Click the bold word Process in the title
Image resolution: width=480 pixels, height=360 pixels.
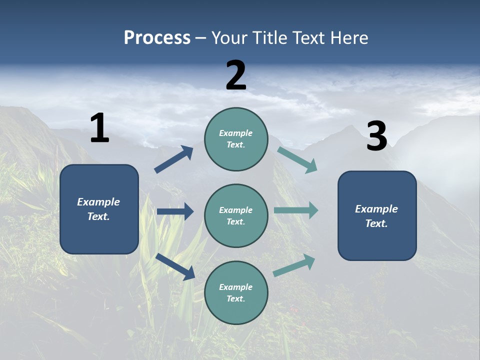157,37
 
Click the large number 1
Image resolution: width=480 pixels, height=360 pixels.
99,128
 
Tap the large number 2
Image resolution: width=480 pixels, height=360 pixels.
236,75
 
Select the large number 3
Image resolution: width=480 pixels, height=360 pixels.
376,136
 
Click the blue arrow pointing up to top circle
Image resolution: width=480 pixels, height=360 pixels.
174,159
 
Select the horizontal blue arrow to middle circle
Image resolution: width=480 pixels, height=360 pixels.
175,211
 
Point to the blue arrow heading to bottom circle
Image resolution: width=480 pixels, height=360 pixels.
175,266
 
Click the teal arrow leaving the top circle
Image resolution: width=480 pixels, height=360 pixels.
297,159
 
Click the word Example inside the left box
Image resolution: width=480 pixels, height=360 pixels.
98,202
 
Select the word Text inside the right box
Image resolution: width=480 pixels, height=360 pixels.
376,223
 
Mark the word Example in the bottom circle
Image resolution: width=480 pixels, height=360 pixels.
235,287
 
